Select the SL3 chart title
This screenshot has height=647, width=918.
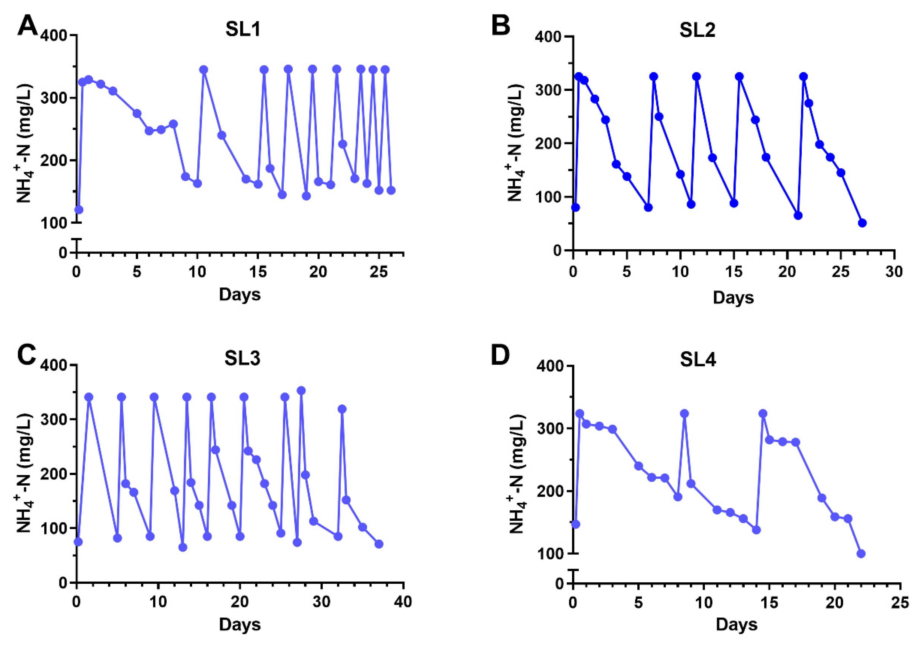[242, 358]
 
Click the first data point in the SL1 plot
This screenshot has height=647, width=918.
[79, 210]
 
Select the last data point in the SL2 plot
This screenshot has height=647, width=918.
[862, 223]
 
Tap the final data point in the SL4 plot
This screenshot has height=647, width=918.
[861, 554]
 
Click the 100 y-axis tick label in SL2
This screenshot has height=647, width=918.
[550, 197]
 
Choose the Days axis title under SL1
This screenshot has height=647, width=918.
[240, 295]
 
